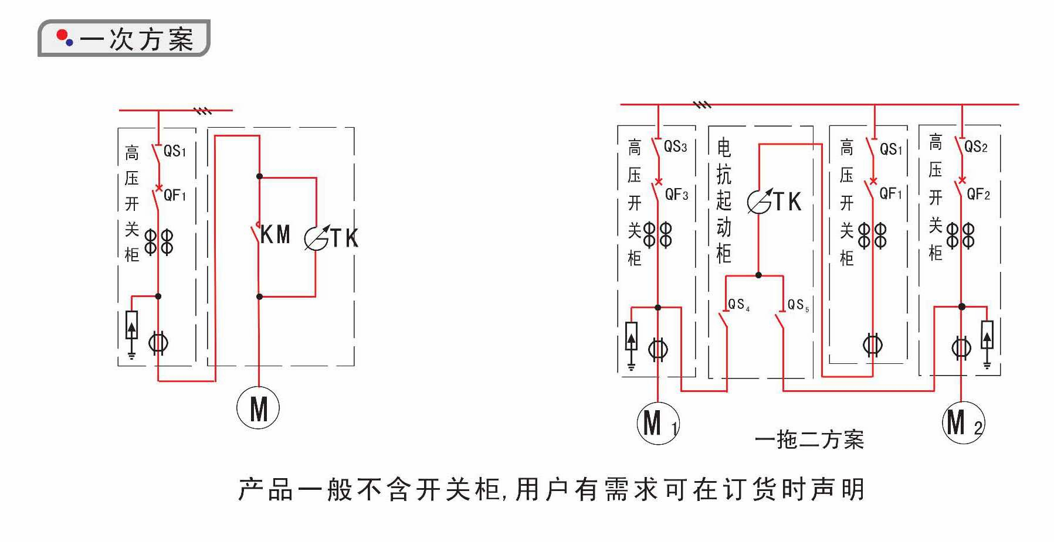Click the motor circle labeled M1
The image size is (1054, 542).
(658, 422)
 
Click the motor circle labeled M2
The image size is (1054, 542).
(963, 422)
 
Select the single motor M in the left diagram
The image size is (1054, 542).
(258, 408)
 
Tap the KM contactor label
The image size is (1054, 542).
(275, 235)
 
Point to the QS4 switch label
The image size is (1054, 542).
(738, 305)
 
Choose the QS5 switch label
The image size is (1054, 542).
(798, 305)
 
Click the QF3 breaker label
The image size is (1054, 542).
(676, 195)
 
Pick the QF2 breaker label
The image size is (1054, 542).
(978, 194)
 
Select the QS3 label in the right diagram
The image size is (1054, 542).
(675, 146)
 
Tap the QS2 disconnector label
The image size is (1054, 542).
(975, 146)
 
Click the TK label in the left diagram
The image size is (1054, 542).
(344, 238)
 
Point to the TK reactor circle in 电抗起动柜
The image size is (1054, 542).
(759, 202)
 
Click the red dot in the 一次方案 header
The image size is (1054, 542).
(61, 36)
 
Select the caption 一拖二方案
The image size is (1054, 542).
(809, 439)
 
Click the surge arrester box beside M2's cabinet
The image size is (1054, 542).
(987, 335)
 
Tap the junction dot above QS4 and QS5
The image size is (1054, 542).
(758, 275)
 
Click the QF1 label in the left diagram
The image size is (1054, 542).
(175, 195)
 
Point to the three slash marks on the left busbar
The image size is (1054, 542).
(203, 110)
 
